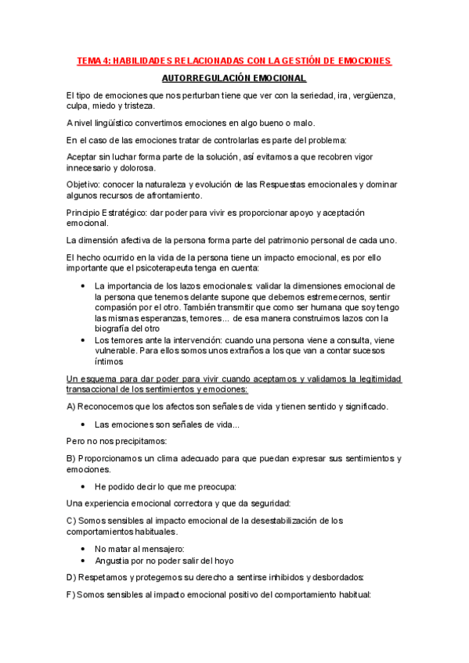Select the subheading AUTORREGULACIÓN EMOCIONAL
pyautogui.click(x=233, y=79)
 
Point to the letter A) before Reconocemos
pyautogui.click(x=71, y=407)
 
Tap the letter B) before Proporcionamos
pyautogui.click(x=71, y=458)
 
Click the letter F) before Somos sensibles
pyautogui.click(x=70, y=594)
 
